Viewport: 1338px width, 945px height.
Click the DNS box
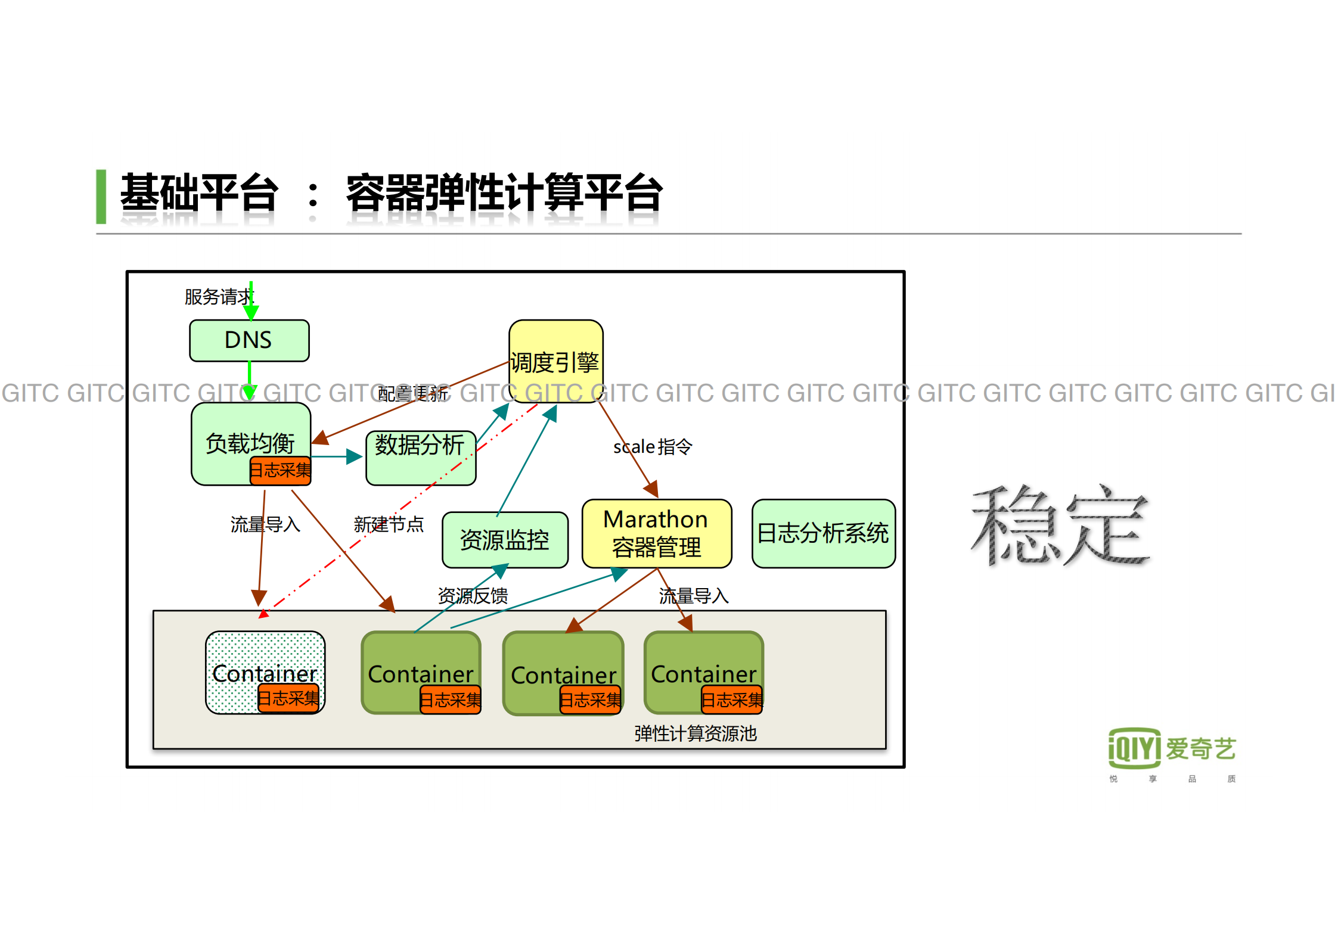249,340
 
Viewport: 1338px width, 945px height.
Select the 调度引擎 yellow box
555,361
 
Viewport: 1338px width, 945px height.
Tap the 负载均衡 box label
250,443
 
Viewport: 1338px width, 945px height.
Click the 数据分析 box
420,458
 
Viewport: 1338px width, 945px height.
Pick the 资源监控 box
504,540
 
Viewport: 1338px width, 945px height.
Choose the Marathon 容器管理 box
656,533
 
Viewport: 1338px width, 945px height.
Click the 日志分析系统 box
823,533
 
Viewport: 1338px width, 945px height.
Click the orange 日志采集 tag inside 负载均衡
280,470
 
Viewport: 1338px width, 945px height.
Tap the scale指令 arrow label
652,447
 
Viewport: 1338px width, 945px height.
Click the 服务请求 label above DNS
217,297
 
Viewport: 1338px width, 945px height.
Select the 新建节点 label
388,524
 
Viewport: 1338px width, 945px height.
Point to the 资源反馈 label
472,595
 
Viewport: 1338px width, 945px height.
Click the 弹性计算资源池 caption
695,733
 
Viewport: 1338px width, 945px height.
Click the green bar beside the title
101,197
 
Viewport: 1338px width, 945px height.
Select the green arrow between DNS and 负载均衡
249,380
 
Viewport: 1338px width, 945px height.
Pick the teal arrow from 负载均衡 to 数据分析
337,457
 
